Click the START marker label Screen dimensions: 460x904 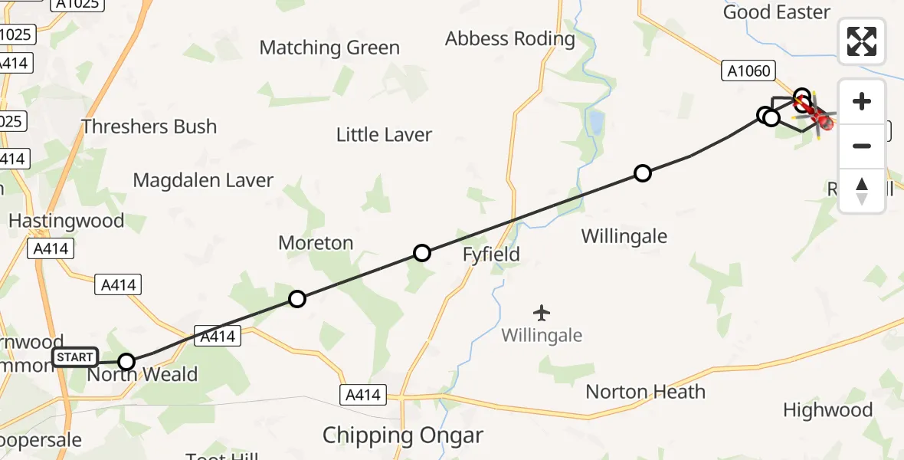pos(75,358)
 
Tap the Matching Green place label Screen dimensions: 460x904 pos(329,48)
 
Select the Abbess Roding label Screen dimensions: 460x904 pos(509,38)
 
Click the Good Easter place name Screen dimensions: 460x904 pos(776,12)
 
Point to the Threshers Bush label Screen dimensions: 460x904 pos(149,127)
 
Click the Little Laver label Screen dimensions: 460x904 pos(384,135)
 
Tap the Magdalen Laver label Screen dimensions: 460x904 pos(203,181)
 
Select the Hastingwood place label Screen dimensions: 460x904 pos(66,221)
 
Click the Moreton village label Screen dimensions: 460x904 pos(316,243)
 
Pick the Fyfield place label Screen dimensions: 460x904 pos(491,255)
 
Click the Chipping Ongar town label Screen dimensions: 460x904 pos(403,435)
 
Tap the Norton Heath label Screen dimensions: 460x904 pos(645,392)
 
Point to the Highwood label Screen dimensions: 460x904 pos(827,410)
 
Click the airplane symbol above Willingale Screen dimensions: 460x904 pos(542,313)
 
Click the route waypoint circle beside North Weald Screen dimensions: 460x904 pos(126,362)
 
